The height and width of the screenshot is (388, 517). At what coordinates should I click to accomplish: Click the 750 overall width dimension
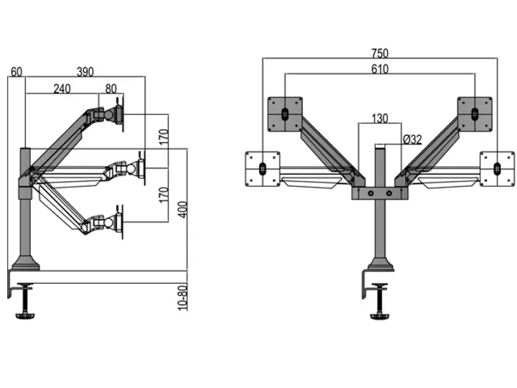pyautogui.click(x=380, y=52)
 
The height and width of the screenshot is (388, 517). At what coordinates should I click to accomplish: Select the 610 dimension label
pyautogui.click(x=380, y=69)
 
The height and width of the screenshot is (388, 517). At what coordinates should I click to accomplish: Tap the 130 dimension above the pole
pyautogui.click(x=380, y=119)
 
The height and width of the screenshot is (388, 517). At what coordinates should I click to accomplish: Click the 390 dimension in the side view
pyautogui.click(x=85, y=71)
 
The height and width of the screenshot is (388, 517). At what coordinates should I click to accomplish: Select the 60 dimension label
pyautogui.click(x=17, y=71)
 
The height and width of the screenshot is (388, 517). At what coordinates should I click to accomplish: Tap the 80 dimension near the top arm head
pyautogui.click(x=111, y=88)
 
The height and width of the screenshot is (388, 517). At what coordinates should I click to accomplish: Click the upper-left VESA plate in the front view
pyautogui.click(x=285, y=114)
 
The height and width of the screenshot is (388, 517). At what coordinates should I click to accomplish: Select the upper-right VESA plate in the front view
pyautogui.click(x=474, y=114)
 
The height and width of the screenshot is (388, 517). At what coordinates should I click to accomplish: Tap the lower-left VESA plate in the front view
pyautogui.click(x=262, y=168)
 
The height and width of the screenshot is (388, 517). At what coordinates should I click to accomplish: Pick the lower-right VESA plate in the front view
pyautogui.click(x=497, y=168)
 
